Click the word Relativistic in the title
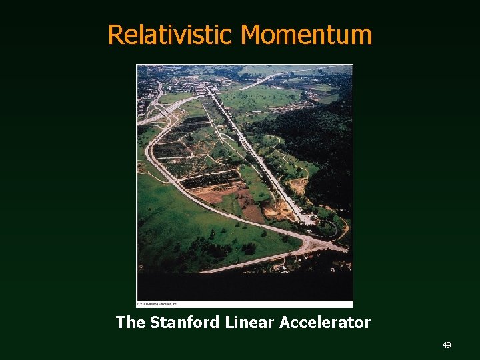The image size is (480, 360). pos(171,35)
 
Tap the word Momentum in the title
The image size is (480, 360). pos(306,35)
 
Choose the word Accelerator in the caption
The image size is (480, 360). pos(325,323)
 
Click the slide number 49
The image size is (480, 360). pos(447,345)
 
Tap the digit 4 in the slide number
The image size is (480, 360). pos(444,345)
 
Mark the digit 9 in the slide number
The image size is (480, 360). pos(449,345)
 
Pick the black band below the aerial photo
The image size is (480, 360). pos(245,287)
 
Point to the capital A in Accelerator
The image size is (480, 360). pos(285,323)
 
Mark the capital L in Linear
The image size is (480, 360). pos(229,323)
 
